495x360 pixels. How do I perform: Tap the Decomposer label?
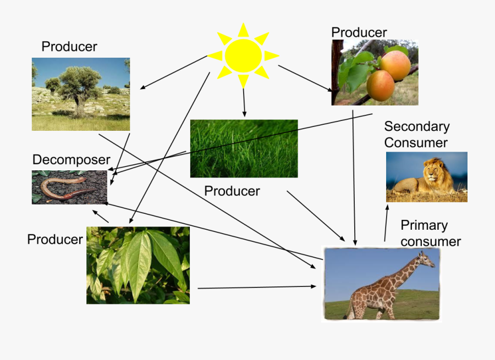pos(71,160)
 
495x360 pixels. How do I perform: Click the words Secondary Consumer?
pos(416,135)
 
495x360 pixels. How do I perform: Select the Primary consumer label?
pos(430,233)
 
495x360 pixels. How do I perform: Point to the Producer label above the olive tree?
pos(69,47)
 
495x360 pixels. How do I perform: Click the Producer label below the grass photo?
pos(232,191)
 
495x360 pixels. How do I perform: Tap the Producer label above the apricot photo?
pos(359,32)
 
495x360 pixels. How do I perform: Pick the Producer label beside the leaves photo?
pos(55,240)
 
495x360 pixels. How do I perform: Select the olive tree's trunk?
pos(79,104)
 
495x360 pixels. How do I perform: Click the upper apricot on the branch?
pos(395,65)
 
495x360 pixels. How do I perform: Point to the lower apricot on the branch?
pos(380,85)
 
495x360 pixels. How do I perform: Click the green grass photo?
pos(244,148)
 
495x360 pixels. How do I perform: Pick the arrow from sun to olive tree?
pos(174,72)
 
